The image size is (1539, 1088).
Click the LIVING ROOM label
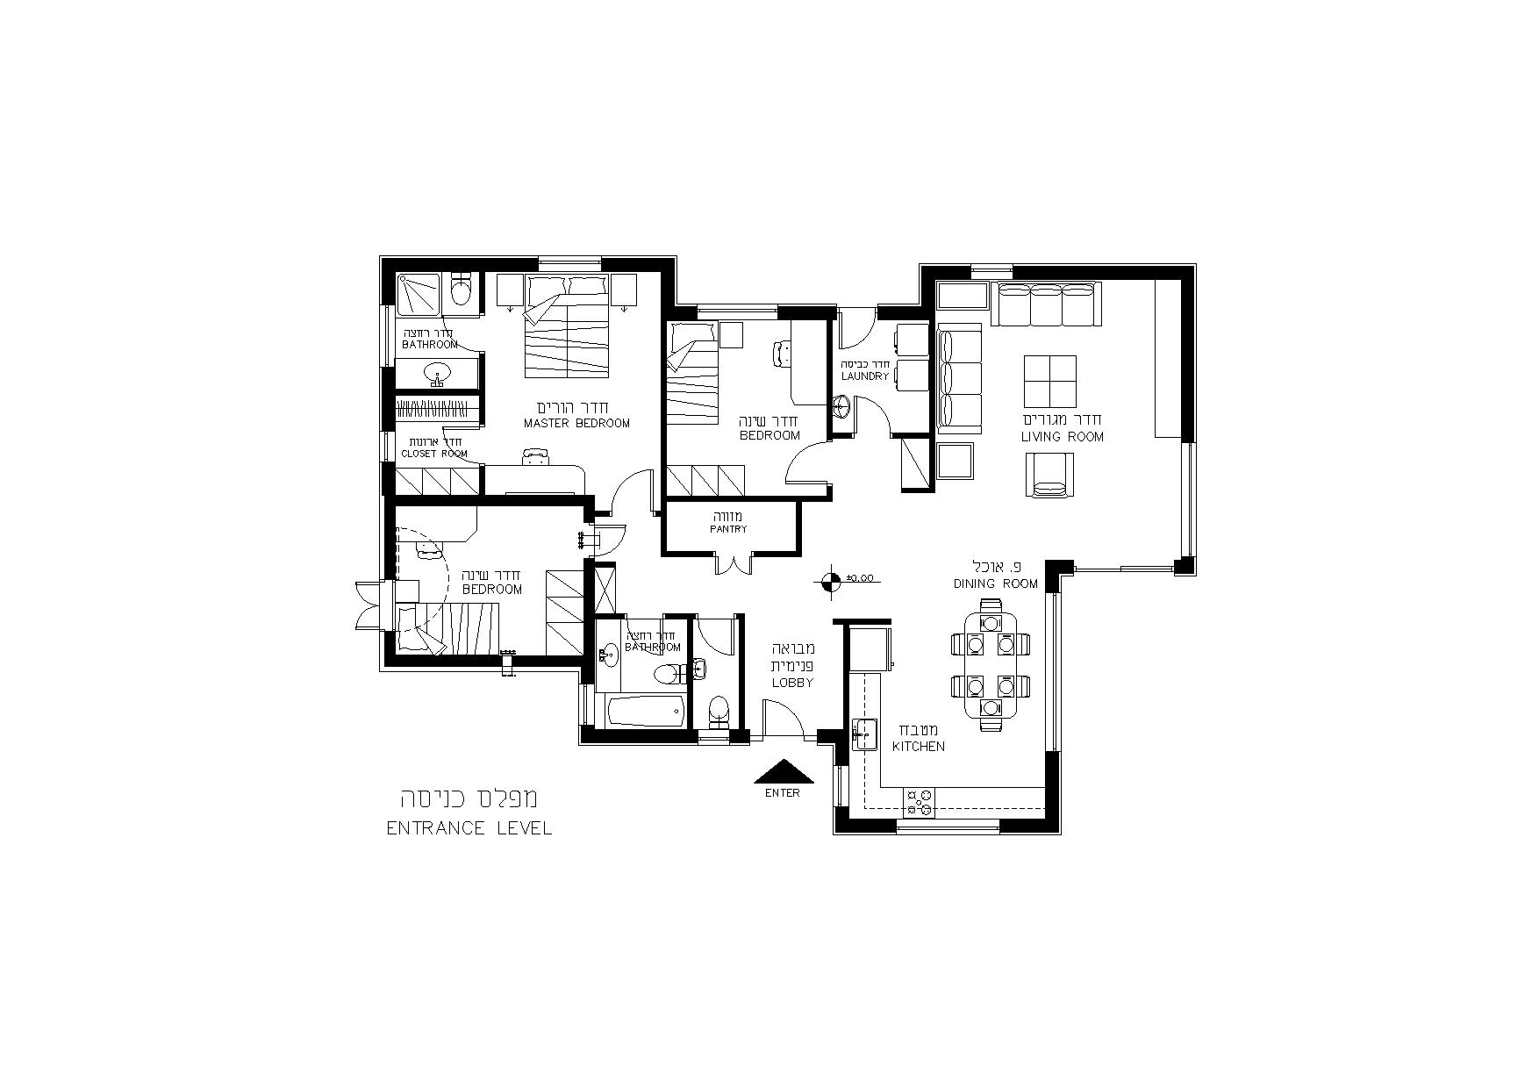pos(1062,436)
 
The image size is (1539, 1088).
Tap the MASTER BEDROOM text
pos(576,423)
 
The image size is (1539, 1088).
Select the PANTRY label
pos(729,529)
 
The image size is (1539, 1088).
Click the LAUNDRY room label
pos(865,376)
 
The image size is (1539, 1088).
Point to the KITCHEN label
pos(919,746)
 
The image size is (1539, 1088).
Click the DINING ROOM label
pos(996,583)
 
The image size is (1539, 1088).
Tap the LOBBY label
pos(792,683)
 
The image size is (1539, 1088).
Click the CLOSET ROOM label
pos(434,454)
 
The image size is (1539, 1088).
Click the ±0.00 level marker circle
pos(829,578)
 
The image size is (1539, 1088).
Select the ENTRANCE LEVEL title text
pos(469,827)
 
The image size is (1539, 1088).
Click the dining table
pos(990,664)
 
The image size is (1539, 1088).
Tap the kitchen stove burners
pos(920,799)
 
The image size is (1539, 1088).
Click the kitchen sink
pos(865,734)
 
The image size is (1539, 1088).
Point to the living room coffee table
pos(1050,382)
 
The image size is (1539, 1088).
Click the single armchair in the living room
pos(1050,475)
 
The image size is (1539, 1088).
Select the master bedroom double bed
pos(567,326)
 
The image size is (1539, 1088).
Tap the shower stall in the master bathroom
pos(418,294)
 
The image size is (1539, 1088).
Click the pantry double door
pos(734,563)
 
